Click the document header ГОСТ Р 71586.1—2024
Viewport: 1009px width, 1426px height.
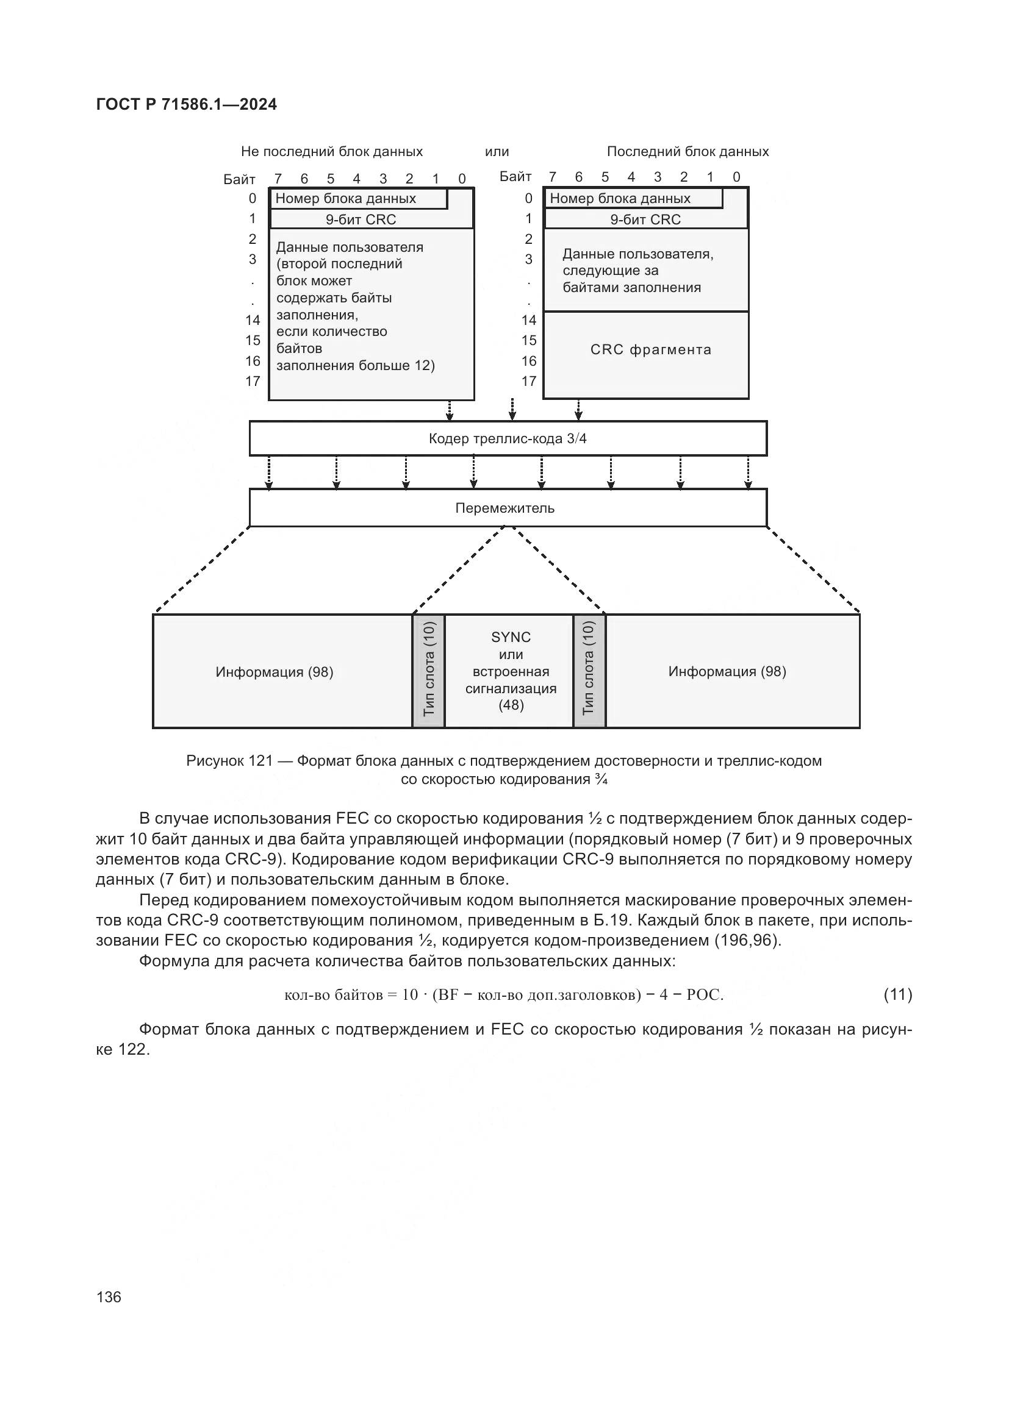pos(187,104)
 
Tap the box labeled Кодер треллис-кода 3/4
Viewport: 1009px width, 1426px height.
pos(508,439)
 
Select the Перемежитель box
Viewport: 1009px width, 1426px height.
pos(508,508)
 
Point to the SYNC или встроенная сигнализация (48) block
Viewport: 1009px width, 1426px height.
pos(511,671)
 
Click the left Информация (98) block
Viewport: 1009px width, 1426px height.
pos(275,672)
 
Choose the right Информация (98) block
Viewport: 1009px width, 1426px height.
pos(727,671)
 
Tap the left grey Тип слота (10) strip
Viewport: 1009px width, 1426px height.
pos(429,671)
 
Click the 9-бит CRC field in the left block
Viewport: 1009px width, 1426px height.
pos(361,220)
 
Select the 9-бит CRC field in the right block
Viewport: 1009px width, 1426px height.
pos(645,220)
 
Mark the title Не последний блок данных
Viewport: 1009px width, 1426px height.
pos(332,152)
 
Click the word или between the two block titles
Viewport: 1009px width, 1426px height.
pos(497,152)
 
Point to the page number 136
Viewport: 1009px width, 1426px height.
pos(109,1297)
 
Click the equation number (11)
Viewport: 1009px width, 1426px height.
pos(898,994)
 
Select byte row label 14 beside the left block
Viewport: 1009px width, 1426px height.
pos(253,321)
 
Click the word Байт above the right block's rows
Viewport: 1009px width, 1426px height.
pos(515,177)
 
